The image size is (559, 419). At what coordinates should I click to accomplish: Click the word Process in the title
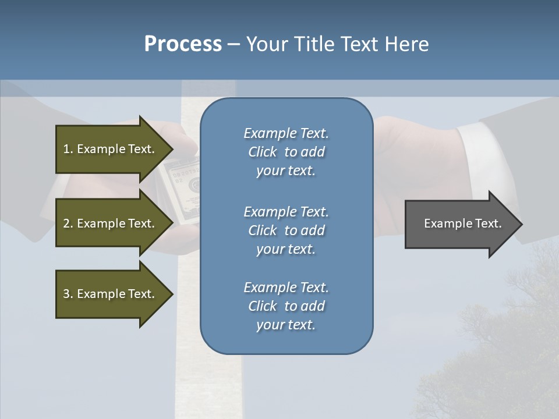click(x=183, y=44)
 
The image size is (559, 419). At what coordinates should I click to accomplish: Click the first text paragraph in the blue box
click(x=286, y=152)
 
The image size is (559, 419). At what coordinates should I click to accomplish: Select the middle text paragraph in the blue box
click(x=286, y=230)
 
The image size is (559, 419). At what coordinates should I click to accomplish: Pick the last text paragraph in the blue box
click(x=286, y=306)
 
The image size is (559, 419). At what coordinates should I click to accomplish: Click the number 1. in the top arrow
click(x=68, y=149)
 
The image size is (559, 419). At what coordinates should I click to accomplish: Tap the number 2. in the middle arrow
click(x=68, y=223)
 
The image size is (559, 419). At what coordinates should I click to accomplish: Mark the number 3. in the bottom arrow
click(x=68, y=294)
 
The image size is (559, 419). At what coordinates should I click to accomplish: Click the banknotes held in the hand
click(x=183, y=189)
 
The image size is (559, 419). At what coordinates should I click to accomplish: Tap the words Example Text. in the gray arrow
click(x=462, y=223)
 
